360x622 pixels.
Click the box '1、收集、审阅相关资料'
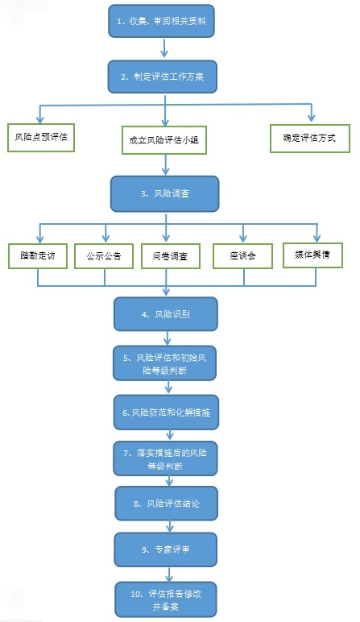pyautogui.click(x=161, y=21)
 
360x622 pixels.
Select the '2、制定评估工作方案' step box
pyautogui.click(x=163, y=77)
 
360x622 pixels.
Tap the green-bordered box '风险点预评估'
pyautogui.click(x=41, y=138)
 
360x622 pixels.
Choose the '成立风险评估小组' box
pyautogui.click(x=163, y=140)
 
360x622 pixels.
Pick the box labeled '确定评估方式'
pyautogui.click(x=310, y=139)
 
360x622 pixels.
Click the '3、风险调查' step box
pyautogui.click(x=165, y=194)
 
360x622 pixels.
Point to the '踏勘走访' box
pyautogui.click(x=38, y=256)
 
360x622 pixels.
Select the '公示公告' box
pyautogui.click(x=104, y=256)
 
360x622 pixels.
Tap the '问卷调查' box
pyautogui.click(x=171, y=256)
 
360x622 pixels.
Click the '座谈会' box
pyautogui.click(x=242, y=256)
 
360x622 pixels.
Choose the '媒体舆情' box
pyautogui.click(x=312, y=255)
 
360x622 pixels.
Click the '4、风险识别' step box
pyautogui.click(x=166, y=314)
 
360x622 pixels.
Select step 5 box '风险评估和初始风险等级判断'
pyautogui.click(x=164, y=363)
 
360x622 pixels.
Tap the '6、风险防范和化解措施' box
pyautogui.click(x=166, y=413)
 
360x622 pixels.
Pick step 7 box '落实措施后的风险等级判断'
pyautogui.click(x=165, y=459)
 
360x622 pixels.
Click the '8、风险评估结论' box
pyautogui.click(x=167, y=504)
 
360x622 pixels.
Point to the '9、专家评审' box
pyautogui.click(x=166, y=549)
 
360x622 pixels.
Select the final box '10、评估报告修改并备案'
pyautogui.click(x=166, y=599)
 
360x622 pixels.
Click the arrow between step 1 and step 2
pyautogui.click(x=164, y=48)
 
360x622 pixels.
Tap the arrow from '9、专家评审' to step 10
pyautogui.click(x=170, y=574)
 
